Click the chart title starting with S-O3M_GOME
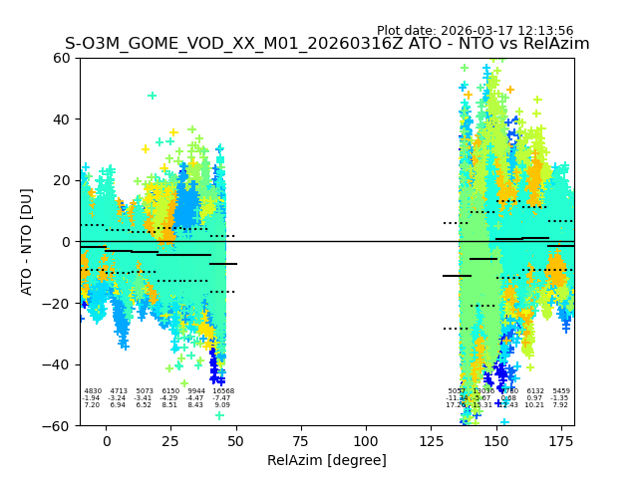[x=327, y=44]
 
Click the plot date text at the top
[x=475, y=31]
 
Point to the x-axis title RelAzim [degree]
[x=327, y=460]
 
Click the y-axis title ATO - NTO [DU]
[x=27, y=241]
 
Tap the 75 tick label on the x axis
[x=301, y=441]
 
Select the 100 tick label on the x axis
[x=366, y=441]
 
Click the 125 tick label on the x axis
[x=431, y=441]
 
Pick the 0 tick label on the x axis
[x=107, y=441]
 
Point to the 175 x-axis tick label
[x=561, y=441]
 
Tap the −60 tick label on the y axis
[x=58, y=425]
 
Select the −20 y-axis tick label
[x=58, y=303]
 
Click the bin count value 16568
[x=222, y=391]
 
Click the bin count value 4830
[x=93, y=391]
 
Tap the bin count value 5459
[x=561, y=391]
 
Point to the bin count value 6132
[x=535, y=391]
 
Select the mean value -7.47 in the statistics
[x=222, y=398]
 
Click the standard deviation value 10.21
[x=535, y=405]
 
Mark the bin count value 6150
[x=170, y=391]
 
